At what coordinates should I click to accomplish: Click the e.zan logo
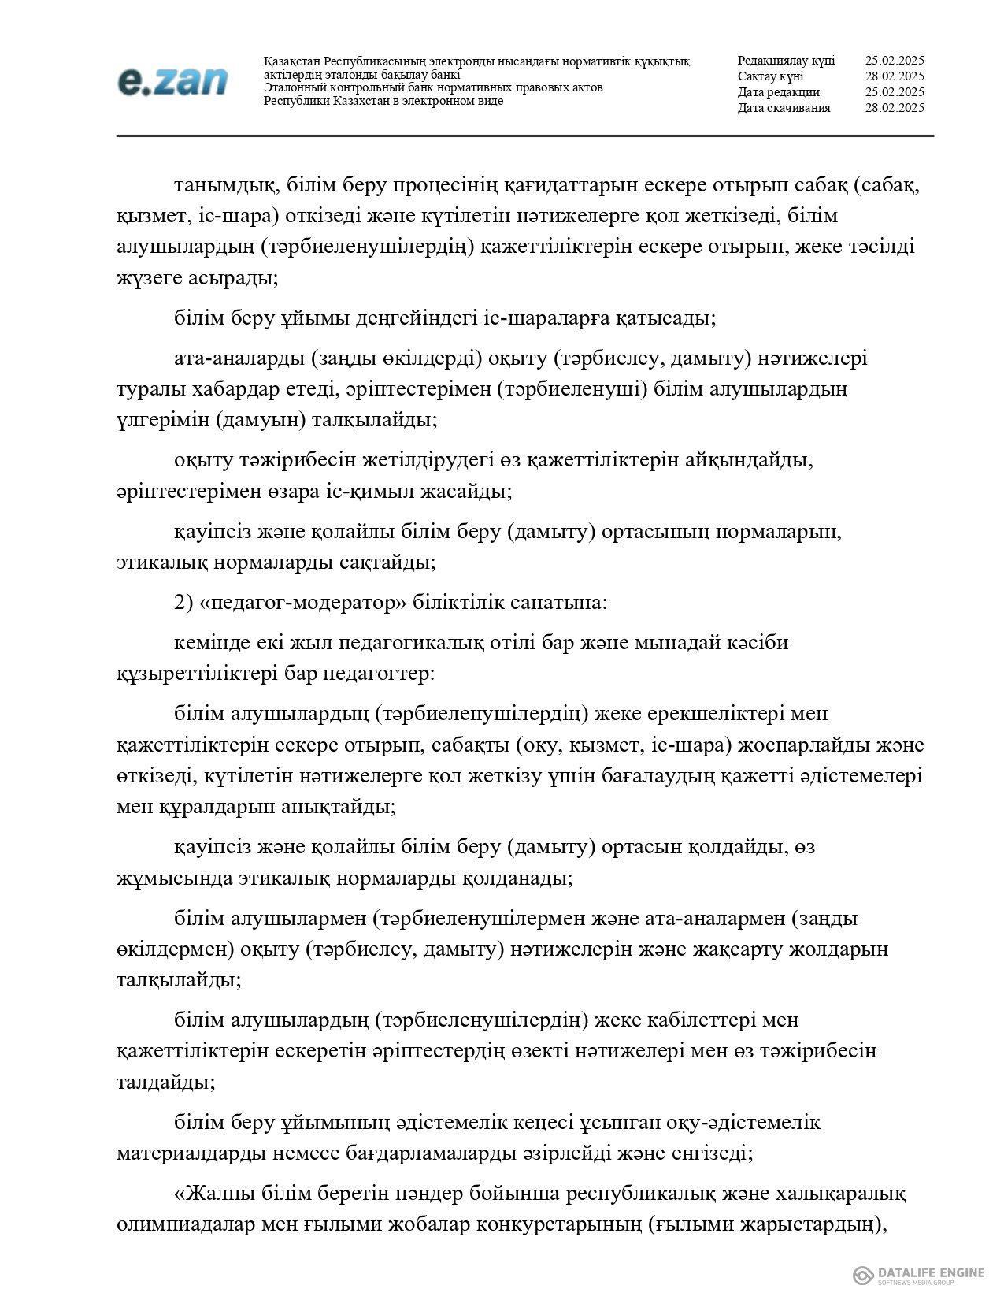(x=173, y=81)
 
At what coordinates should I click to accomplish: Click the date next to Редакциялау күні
(x=894, y=61)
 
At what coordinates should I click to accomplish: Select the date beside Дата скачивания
(x=894, y=108)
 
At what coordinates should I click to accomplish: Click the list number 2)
(x=183, y=603)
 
